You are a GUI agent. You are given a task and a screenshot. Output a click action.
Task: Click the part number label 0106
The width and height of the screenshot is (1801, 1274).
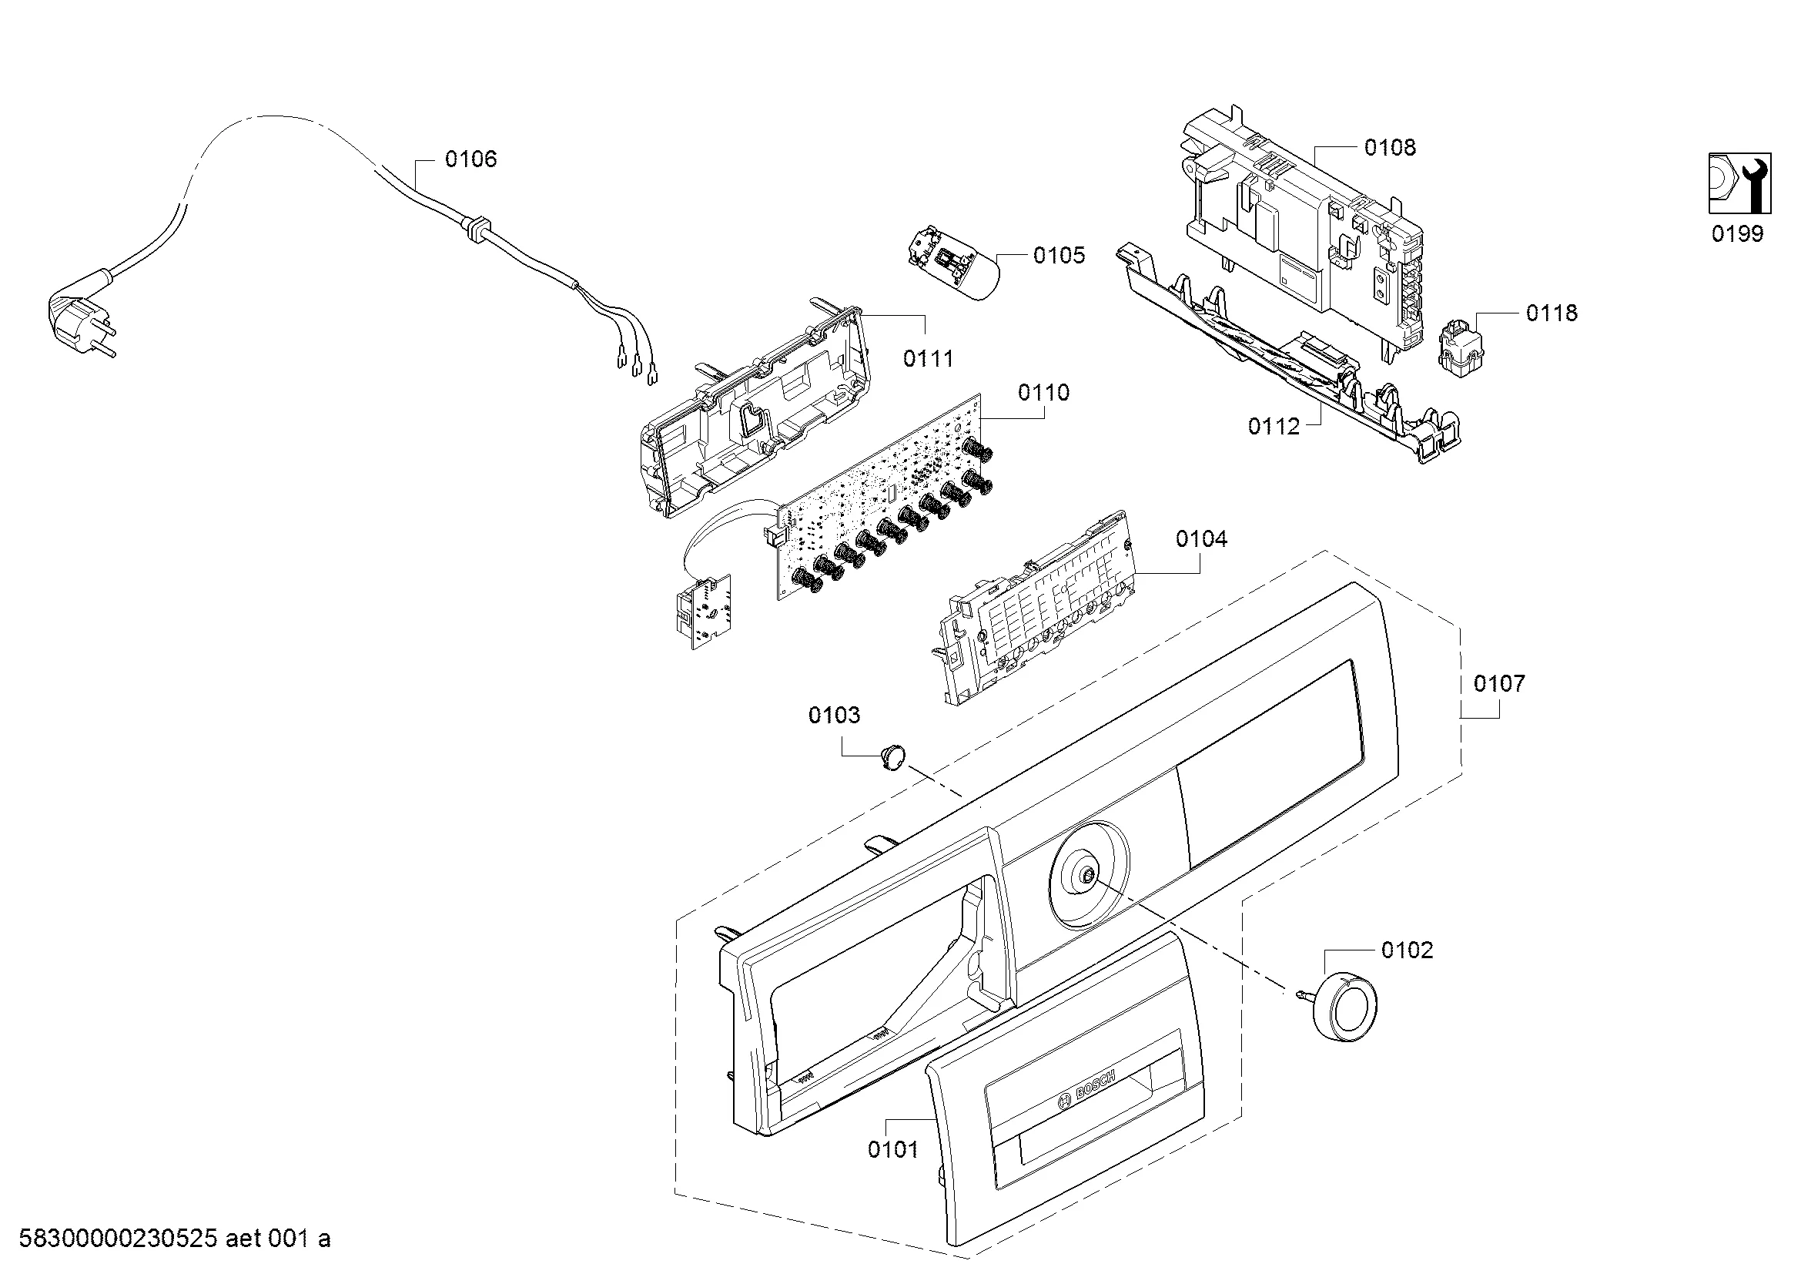[x=470, y=159]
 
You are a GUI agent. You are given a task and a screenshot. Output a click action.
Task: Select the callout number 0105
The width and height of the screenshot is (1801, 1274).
[x=1059, y=255]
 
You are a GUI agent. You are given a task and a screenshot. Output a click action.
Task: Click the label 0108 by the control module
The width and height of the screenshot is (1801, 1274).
[x=1390, y=147]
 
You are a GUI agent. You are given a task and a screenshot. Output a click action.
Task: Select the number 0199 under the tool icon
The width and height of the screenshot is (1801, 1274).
[x=1737, y=234]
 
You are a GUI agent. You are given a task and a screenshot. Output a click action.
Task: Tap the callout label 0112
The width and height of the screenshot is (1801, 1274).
[x=1274, y=427]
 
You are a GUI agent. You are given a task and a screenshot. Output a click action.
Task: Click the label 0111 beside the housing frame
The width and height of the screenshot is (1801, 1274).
[x=929, y=358]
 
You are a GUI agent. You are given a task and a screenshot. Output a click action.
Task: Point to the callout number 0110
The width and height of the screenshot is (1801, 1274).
[x=1043, y=392]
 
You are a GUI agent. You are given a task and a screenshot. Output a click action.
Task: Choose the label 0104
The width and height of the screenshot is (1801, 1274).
[x=1202, y=539]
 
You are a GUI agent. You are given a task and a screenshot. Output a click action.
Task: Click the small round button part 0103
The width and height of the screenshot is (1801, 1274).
[x=892, y=758]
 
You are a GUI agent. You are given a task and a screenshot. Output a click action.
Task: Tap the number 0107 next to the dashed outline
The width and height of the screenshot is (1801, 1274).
[x=1499, y=683]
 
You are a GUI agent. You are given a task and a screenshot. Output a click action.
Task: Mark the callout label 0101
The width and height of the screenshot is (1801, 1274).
[x=892, y=1150]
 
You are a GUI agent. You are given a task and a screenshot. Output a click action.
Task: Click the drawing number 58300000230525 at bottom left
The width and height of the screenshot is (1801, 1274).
[x=118, y=1239]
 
